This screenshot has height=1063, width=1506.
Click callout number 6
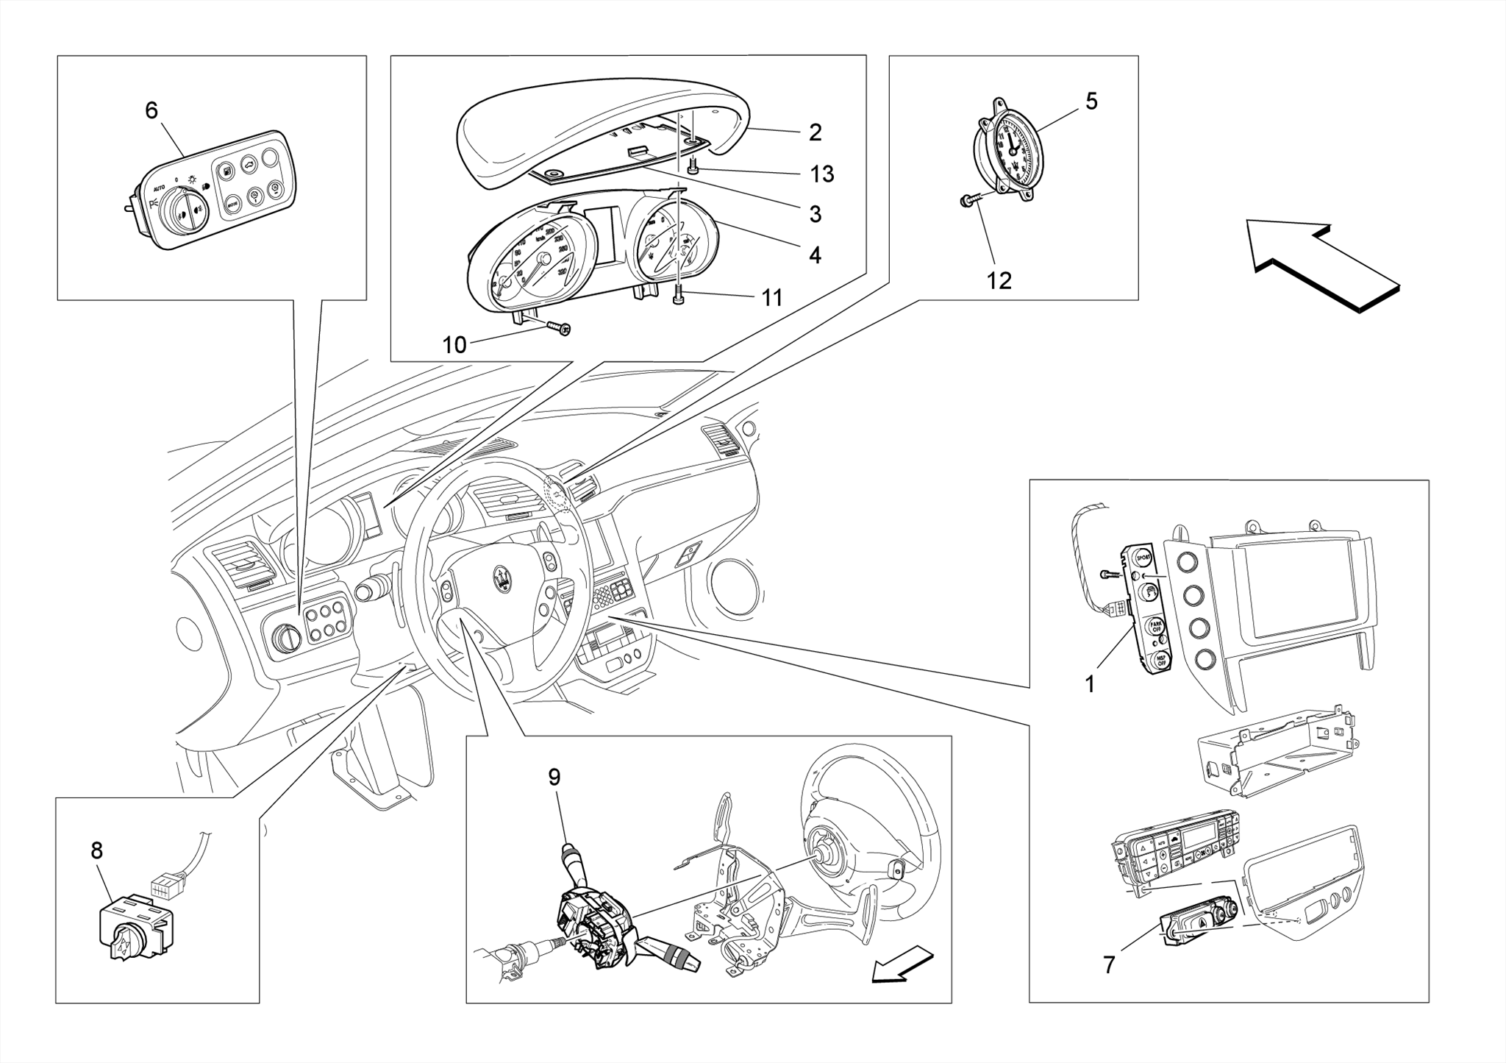[151, 111]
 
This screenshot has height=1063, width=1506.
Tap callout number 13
[821, 174]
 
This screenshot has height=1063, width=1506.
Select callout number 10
[454, 345]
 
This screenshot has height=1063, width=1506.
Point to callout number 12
[999, 280]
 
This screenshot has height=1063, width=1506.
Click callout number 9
[554, 777]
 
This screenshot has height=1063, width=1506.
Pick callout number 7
[1109, 964]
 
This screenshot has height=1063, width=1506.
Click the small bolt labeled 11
[678, 296]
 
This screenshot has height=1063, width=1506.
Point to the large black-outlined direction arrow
[1324, 268]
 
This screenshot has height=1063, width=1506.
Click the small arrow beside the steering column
[902, 966]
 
